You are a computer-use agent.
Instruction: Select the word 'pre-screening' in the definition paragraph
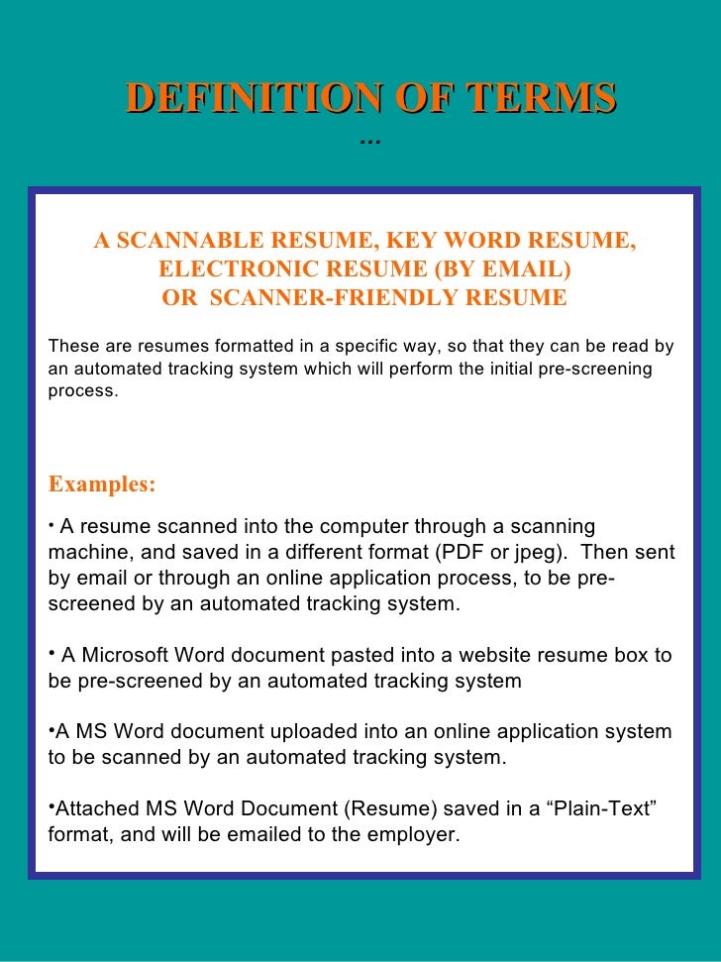pyautogui.click(x=603, y=369)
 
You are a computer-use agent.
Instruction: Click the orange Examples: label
pyautogui.click(x=102, y=484)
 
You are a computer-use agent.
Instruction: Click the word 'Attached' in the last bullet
pyautogui.click(x=97, y=810)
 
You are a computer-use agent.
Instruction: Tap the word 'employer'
pyautogui.click(x=415, y=835)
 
